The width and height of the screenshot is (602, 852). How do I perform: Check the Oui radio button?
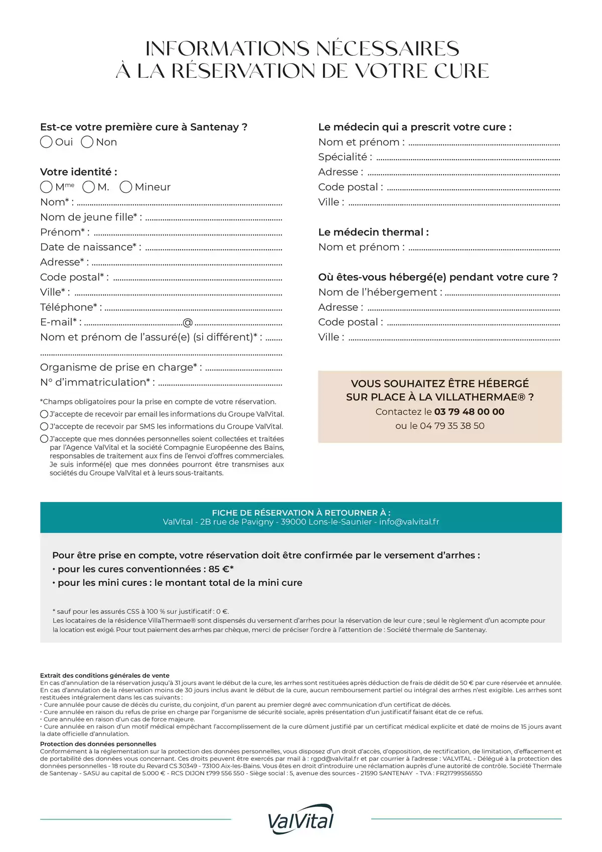click(46, 142)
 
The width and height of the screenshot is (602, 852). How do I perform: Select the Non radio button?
click(87, 142)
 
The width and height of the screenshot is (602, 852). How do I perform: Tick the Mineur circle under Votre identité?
click(126, 187)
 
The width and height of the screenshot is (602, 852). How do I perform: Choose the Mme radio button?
click(46, 187)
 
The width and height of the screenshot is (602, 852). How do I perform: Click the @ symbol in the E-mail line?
click(188, 322)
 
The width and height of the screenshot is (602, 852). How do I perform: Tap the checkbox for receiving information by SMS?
click(44, 426)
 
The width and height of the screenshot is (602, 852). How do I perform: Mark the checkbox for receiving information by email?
click(44, 414)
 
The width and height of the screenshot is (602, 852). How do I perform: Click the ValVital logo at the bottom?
click(301, 819)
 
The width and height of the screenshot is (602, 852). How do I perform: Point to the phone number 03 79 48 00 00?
click(469, 412)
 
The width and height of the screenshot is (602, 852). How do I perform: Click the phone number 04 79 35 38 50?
click(452, 426)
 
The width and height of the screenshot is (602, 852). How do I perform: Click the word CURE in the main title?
click(461, 71)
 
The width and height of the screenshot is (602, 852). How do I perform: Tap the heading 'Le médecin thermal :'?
click(373, 232)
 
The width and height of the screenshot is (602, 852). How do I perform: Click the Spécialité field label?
click(345, 157)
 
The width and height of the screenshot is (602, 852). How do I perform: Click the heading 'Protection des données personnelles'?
click(98, 744)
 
